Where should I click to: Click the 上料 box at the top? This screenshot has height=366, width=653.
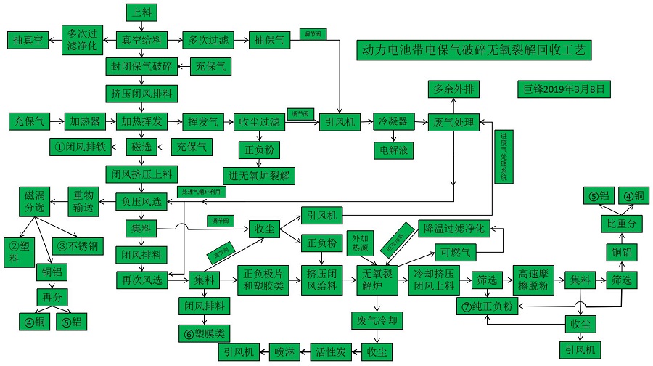(x=140, y=12)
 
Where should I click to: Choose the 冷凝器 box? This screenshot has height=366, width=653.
(x=393, y=122)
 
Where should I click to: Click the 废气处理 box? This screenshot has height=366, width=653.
(x=453, y=122)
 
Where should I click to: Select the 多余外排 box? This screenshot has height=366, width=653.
(x=453, y=89)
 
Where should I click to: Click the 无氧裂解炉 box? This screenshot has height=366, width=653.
(x=379, y=280)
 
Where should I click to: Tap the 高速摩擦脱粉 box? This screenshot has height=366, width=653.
(x=537, y=280)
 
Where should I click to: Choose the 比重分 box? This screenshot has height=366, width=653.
(x=621, y=224)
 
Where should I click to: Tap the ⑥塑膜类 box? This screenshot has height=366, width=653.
(x=204, y=333)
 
